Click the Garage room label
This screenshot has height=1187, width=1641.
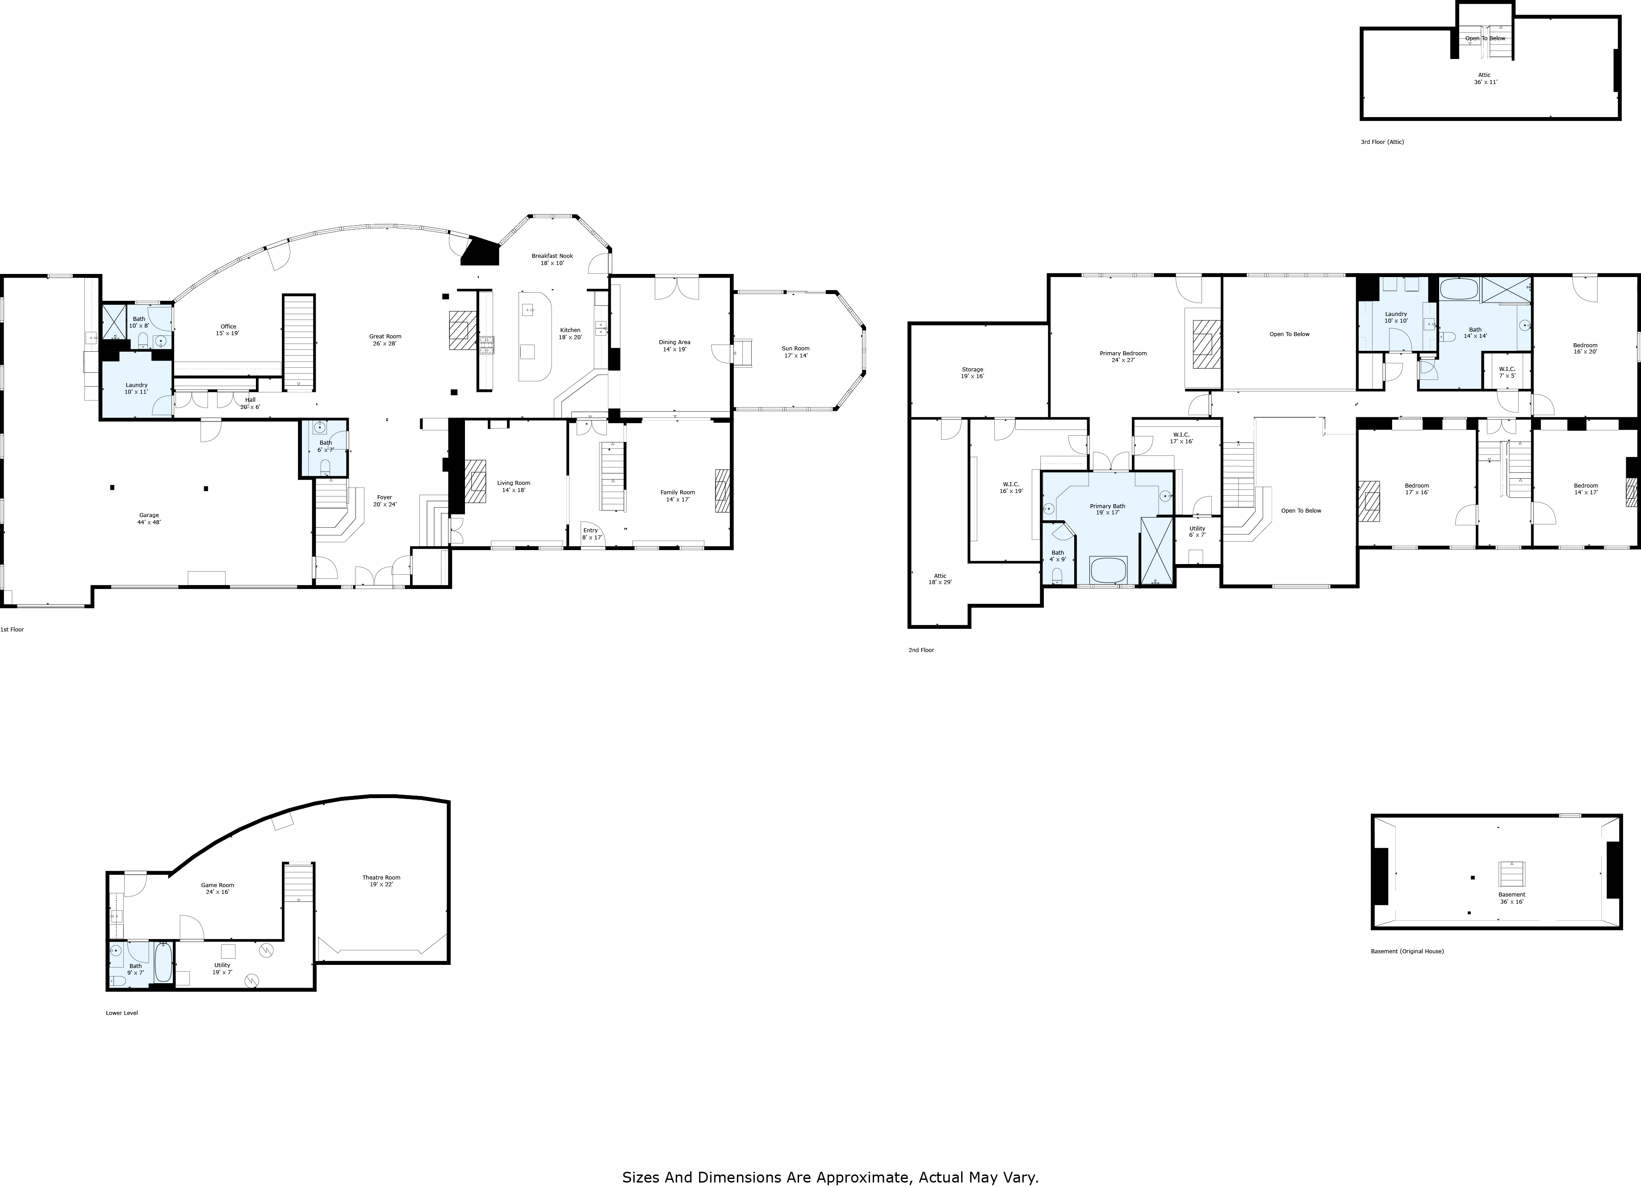point(149,515)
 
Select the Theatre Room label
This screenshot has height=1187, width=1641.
point(381,877)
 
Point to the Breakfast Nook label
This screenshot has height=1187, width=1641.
point(552,256)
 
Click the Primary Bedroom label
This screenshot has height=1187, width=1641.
point(1123,353)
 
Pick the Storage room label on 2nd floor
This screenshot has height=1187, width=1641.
point(972,369)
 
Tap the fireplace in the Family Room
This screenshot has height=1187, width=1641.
point(721,491)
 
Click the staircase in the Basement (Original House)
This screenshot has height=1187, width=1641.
point(1511,874)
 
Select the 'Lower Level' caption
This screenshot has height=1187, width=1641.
point(121,1013)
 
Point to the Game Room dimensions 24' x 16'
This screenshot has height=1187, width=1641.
point(217,892)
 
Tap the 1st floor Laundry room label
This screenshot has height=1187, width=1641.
point(136,385)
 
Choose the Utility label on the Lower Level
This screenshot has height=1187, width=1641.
point(222,965)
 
